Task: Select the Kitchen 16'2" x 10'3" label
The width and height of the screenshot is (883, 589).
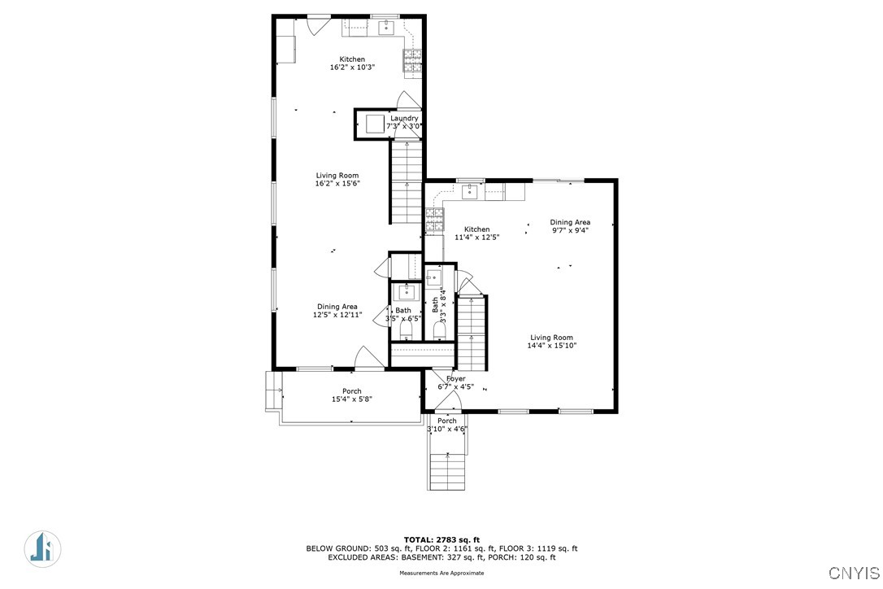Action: [352, 63]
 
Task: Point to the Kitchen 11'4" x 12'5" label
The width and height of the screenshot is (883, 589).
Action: [476, 233]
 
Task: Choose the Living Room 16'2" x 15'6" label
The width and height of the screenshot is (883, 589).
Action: [337, 179]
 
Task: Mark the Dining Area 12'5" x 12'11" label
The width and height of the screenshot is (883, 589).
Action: [337, 311]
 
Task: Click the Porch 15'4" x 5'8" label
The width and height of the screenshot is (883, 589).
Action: [351, 395]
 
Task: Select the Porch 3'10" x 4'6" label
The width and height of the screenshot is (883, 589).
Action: [447, 425]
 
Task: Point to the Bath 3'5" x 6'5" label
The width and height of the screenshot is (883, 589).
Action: [403, 314]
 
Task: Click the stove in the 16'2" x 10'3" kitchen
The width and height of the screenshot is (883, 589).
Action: [412, 59]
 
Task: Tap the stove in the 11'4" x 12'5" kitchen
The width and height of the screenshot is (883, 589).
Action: [434, 217]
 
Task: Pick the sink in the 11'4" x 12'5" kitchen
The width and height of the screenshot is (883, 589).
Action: [469, 192]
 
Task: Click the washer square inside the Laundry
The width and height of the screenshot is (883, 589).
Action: [375, 124]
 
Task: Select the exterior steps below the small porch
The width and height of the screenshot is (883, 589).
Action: [446, 471]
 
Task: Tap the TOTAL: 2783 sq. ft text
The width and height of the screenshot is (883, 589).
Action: [441, 539]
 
